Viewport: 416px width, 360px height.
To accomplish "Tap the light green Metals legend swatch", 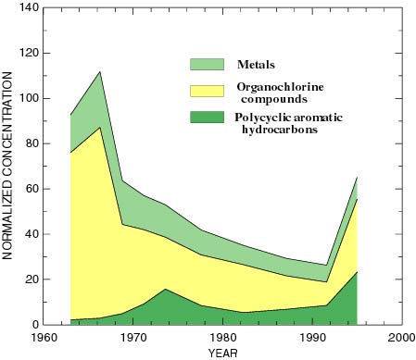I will [208, 65].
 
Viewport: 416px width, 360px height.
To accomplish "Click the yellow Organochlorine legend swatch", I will [208, 91].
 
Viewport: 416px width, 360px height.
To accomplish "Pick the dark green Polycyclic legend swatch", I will [208, 118].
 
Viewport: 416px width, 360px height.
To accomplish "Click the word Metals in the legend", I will [258, 65].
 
